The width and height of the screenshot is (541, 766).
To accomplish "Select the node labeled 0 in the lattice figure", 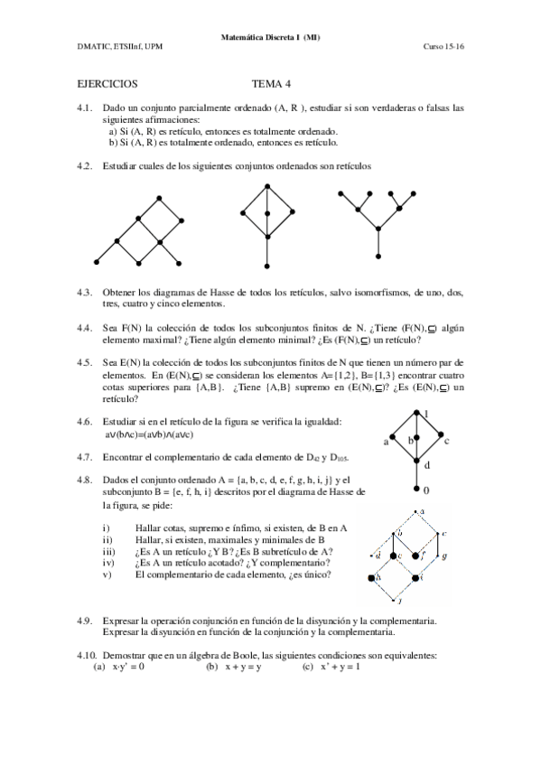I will (416, 489).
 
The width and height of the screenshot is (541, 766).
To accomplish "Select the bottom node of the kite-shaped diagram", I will (268, 266).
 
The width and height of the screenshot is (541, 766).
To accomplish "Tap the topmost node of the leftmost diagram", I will (159, 197).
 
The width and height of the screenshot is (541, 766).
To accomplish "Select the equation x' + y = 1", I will (340, 667).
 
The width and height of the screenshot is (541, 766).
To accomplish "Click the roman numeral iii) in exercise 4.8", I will (107, 551).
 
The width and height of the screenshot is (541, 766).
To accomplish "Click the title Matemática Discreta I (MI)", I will (270, 37).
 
